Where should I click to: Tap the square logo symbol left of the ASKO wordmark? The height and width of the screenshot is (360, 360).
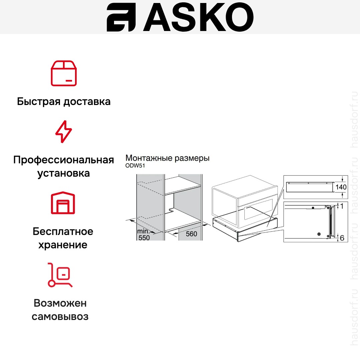point(121,17)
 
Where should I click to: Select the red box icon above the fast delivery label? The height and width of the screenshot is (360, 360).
point(64,73)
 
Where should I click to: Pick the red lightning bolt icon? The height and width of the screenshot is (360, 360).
point(64,132)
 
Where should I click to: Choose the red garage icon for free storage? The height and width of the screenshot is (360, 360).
point(63,203)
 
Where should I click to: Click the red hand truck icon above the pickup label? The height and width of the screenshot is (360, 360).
point(60,275)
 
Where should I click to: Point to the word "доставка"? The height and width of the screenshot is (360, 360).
point(87,101)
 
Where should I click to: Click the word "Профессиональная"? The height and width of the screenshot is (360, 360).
point(64,160)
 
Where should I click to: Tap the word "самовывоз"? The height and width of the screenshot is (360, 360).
point(60,317)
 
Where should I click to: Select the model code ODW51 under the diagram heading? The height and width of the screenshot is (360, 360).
point(135,166)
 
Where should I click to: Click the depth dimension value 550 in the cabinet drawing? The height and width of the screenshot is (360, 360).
point(144,238)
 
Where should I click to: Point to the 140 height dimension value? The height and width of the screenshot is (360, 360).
point(341,187)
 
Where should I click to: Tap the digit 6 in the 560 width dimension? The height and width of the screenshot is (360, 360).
point(191,234)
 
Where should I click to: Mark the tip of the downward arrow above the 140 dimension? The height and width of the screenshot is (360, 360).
point(342,182)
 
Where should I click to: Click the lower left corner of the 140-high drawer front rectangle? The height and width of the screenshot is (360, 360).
point(287,192)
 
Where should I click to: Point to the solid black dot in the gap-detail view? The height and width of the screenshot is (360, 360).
point(313,208)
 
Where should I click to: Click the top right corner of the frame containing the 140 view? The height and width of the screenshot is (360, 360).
point(348,176)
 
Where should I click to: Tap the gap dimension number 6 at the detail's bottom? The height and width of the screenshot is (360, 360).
point(342,238)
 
